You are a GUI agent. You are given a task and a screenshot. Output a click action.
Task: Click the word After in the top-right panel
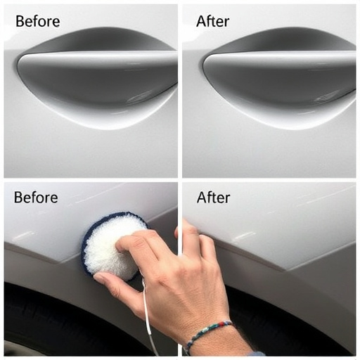pyautogui.click(x=212, y=21)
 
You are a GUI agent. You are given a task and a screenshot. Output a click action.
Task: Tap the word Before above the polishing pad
pyautogui.click(x=36, y=198)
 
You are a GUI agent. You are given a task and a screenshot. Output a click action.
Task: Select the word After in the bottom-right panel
pyautogui.click(x=213, y=198)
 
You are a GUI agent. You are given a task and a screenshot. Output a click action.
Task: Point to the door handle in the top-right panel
pyautogui.click(x=281, y=63)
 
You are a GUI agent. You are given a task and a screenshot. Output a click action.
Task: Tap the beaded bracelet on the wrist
pyautogui.click(x=207, y=335)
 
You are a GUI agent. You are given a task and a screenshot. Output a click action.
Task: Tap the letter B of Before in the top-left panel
pyautogui.click(x=20, y=21)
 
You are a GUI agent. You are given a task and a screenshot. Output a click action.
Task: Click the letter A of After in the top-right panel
pyautogui.click(x=202, y=21)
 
